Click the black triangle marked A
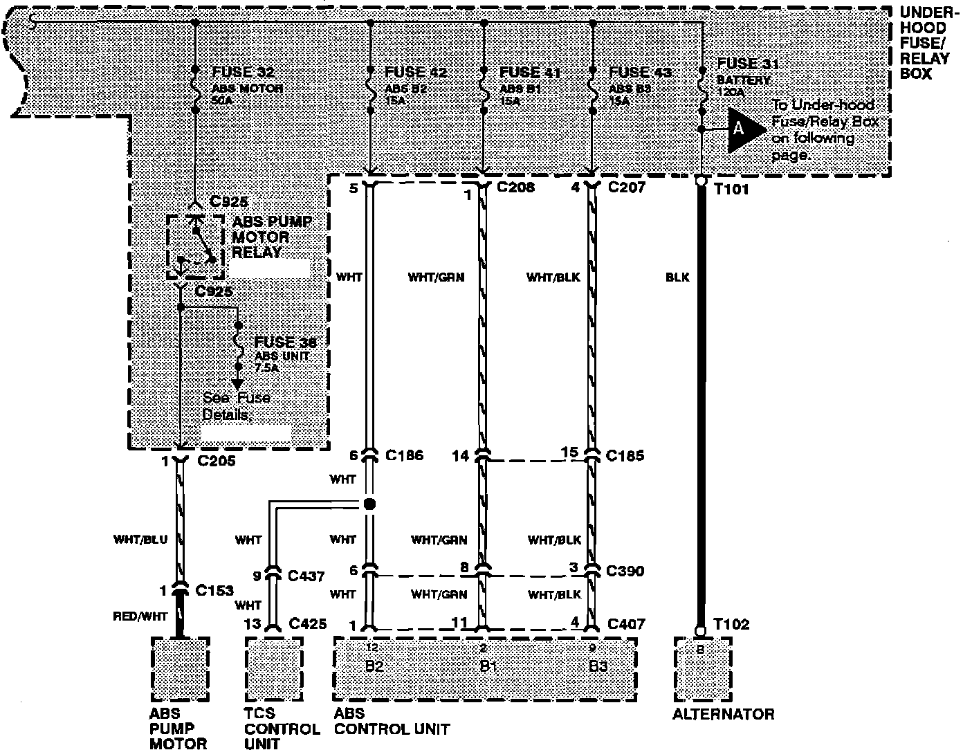click(744, 129)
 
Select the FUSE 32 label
click(243, 73)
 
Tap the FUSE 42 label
click(415, 72)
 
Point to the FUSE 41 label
click(530, 72)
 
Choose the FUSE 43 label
click(640, 72)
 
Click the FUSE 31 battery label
click(746, 64)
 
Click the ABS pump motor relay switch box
click(194, 247)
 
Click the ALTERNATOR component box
click(702, 669)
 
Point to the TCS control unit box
click(273, 669)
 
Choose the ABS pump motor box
click(180, 669)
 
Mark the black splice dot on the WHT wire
click(370, 504)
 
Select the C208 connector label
click(515, 187)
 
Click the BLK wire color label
click(678, 278)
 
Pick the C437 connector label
click(306, 576)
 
